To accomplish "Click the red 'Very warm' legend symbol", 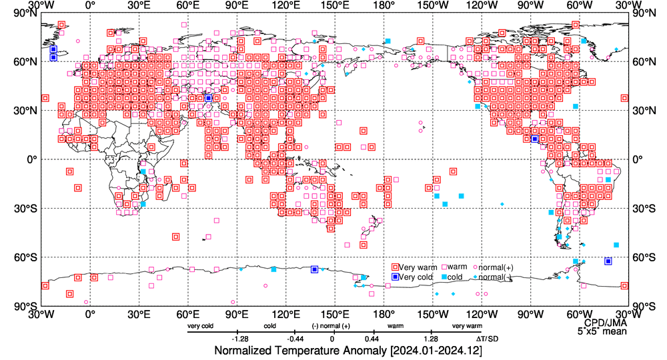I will point(396,267).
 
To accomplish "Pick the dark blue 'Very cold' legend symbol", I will point(396,277).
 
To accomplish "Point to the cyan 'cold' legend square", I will point(444,277).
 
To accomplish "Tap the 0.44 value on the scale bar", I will point(372,338).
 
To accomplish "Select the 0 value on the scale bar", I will point(332,338).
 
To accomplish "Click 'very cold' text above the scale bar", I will point(201,326).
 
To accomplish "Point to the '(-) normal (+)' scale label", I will point(331,326).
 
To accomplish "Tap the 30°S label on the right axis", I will point(643,209).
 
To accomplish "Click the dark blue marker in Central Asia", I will point(208,98).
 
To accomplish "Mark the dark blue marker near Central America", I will point(534,139).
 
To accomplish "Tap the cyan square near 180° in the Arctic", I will point(388,41).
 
